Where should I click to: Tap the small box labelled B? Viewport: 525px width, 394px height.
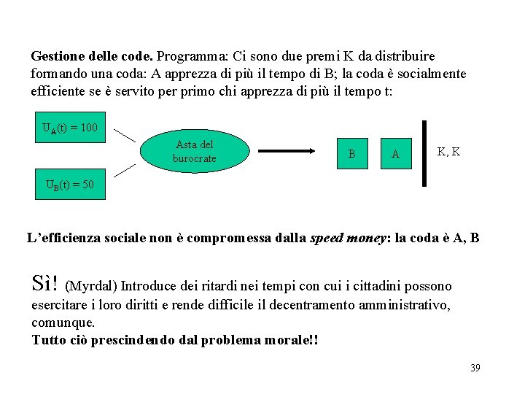coord(352,153)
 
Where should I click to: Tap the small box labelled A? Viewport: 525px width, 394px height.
coord(395,153)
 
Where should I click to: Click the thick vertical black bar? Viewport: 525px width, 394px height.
coord(424,153)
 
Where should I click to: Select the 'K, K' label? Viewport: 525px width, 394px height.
coord(448,152)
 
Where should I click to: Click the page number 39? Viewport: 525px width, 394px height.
coord(475,368)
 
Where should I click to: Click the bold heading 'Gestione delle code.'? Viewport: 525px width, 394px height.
coord(92,55)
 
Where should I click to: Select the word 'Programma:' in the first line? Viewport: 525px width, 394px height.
coord(190,55)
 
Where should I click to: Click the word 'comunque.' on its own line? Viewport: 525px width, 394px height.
coord(63,322)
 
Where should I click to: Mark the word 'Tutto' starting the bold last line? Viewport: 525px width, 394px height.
coord(47,340)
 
